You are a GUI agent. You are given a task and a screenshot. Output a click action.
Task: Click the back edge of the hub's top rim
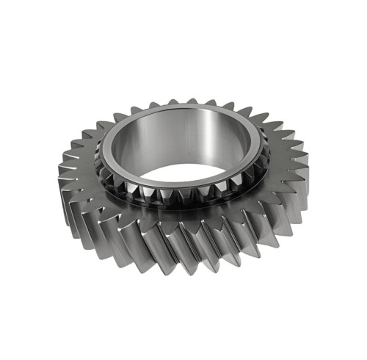click(x=183, y=108)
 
